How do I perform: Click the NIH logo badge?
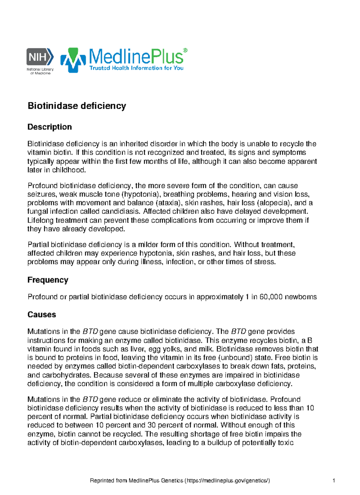(40, 56)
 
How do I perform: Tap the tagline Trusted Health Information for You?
(136, 68)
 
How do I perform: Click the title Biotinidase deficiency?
(77, 106)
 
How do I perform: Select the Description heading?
(49, 127)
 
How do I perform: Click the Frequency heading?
(48, 280)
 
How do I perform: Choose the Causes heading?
(42, 314)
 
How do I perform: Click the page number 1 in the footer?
(334, 481)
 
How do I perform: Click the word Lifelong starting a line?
(41, 220)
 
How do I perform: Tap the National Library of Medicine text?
(40, 71)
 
